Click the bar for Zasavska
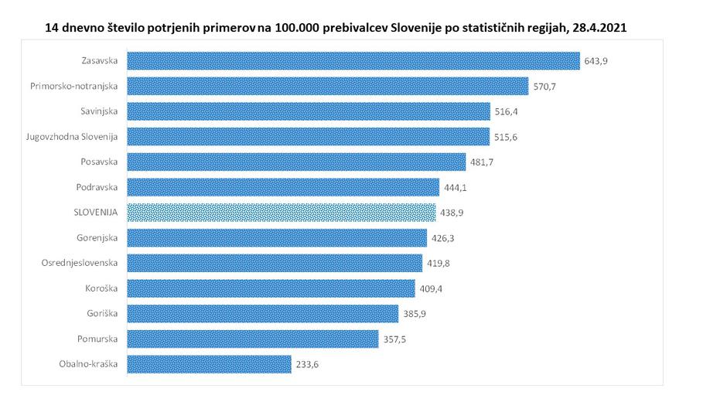coord(353,61)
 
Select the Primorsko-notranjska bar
coord(327,86)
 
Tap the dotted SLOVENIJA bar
coord(282,212)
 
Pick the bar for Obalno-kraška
coord(209,364)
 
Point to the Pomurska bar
coord(252,339)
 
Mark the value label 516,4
coord(506,112)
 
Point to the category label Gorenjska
coord(97,237)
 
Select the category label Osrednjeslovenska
coord(80,262)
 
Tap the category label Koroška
coord(102,288)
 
